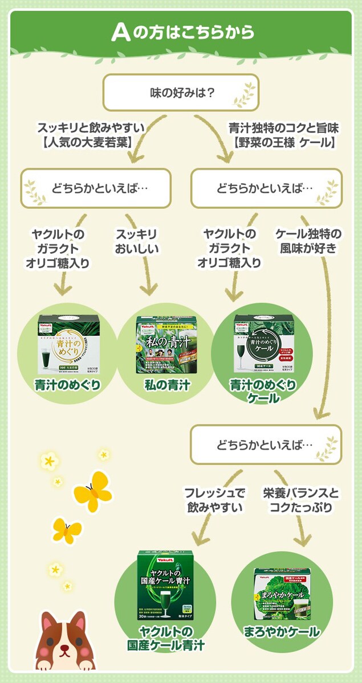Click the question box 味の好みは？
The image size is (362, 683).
[181, 91]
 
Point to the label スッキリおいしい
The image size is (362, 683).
[137, 241]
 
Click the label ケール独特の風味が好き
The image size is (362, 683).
[308, 241]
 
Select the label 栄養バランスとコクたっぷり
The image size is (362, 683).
[300, 499]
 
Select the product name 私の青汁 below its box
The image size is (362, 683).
[166, 386]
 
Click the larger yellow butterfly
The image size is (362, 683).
[92, 491]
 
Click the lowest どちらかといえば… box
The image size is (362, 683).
[266, 445]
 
